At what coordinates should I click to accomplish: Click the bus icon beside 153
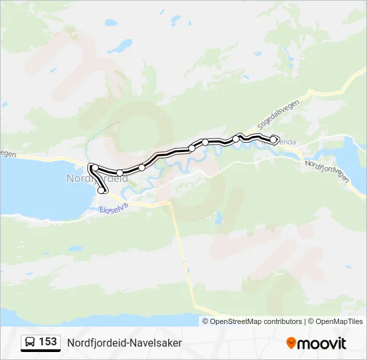click(x=30, y=342)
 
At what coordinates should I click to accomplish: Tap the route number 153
click(x=48, y=341)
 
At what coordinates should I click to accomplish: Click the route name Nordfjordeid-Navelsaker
click(x=124, y=342)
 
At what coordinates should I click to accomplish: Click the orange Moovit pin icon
click(x=291, y=343)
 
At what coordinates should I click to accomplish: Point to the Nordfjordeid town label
click(x=97, y=179)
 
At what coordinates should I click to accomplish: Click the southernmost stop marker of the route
click(x=101, y=191)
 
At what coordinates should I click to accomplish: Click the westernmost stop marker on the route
click(x=95, y=167)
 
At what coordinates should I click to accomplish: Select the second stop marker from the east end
click(x=236, y=139)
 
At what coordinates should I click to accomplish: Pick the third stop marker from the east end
click(x=206, y=143)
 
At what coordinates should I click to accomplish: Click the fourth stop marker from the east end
click(x=192, y=148)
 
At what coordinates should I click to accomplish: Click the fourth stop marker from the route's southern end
click(x=141, y=167)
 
